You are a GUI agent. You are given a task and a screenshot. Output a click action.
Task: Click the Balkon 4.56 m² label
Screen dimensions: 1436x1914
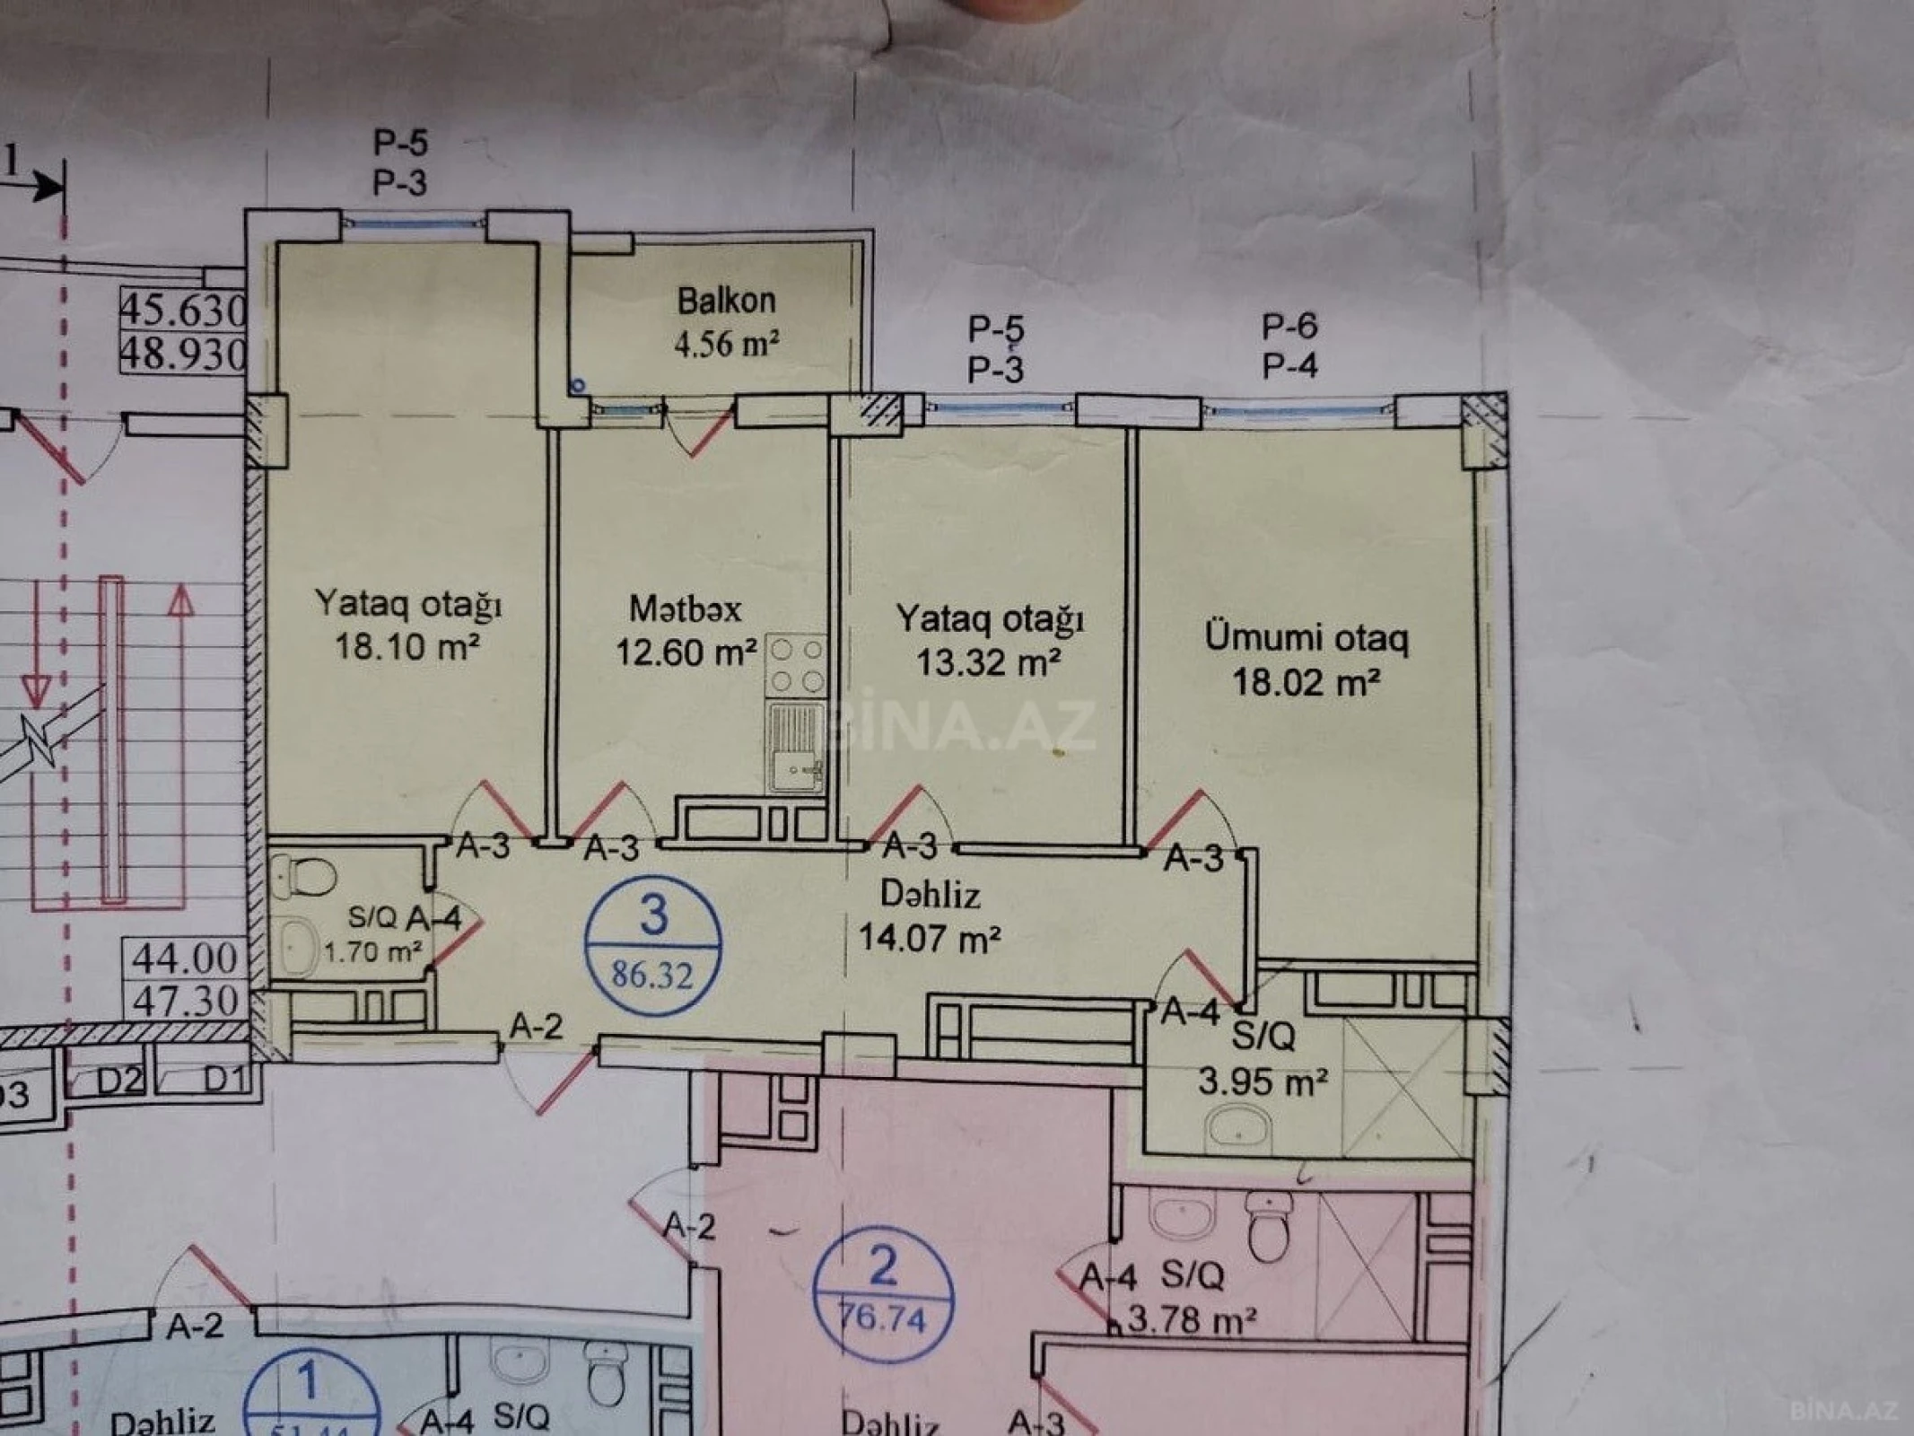(726, 322)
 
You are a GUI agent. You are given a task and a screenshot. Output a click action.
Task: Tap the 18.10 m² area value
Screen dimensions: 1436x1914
(406, 645)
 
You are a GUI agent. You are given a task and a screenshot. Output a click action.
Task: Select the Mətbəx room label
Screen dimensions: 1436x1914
(686, 609)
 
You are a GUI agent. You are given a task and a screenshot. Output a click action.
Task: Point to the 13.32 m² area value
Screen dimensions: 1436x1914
(989, 662)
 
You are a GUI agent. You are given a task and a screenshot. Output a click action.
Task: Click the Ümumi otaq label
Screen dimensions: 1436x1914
(1306, 638)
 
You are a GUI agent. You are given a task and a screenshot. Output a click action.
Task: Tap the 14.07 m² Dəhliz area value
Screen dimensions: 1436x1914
(930, 939)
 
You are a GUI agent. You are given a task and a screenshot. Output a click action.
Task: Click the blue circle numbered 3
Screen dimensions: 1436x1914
(652, 945)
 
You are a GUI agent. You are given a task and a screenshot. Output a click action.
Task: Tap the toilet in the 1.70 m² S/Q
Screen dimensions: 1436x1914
(304, 875)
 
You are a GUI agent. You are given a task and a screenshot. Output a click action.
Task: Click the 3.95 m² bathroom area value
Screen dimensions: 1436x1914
(1263, 1081)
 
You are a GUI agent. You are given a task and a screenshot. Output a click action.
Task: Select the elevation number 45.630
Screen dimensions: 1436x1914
(183, 311)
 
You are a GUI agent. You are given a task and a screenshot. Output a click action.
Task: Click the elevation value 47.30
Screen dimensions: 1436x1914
(186, 1000)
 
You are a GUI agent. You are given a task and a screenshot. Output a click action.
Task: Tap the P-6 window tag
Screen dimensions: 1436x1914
(1289, 326)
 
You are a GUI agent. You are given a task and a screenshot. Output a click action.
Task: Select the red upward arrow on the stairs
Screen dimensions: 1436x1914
(181, 601)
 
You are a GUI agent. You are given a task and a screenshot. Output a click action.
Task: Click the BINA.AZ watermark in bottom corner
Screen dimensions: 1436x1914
(1843, 1410)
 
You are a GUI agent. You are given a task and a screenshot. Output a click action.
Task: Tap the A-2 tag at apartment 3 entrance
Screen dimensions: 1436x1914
(537, 1026)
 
